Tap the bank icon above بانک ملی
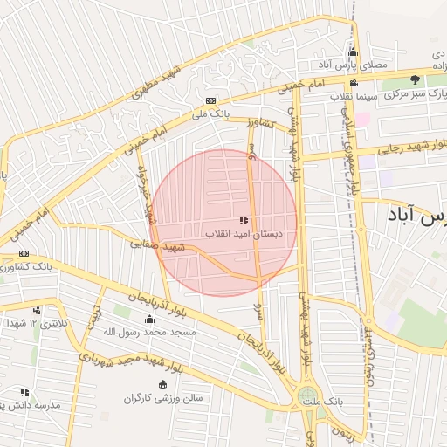point(210,101)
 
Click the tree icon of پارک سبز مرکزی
point(415,80)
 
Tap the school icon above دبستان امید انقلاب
point(244,221)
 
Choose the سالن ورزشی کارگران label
point(162,398)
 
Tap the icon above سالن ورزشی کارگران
point(162,385)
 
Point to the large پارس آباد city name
point(415,215)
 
